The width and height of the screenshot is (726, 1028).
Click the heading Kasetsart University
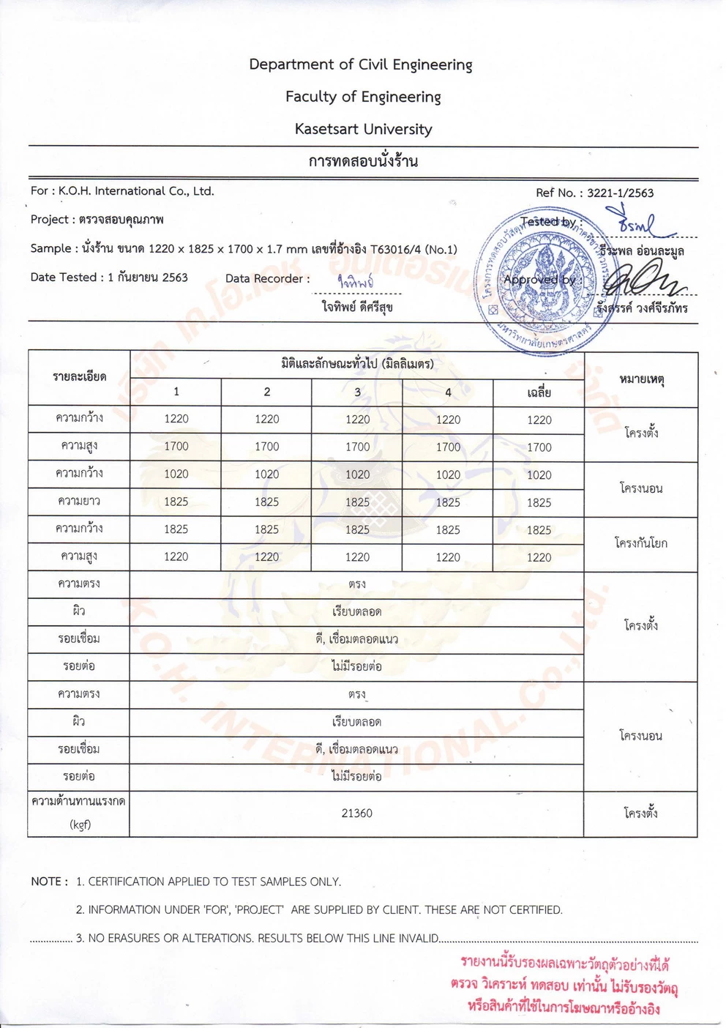click(363, 130)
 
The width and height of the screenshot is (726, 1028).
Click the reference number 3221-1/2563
click(620, 193)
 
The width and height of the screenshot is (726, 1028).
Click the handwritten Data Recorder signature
click(356, 281)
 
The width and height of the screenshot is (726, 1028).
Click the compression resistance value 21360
click(356, 813)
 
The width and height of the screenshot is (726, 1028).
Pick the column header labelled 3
click(357, 392)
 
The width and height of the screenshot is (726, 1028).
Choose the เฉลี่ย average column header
click(539, 393)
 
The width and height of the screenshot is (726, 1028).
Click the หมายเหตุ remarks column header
click(641, 379)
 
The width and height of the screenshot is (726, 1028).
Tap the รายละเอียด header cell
click(79, 377)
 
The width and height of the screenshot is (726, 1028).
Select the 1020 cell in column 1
click(176, 474)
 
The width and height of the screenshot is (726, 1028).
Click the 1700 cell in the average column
click(539, 447)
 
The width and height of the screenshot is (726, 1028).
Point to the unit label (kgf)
click(80, 824)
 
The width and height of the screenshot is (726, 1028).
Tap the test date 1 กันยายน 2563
click(147, 278)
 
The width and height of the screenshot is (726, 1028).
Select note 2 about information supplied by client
click(319, 910)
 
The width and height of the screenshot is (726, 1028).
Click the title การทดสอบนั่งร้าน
click(363, 162)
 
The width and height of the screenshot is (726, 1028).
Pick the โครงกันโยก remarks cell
click(641, 543)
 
